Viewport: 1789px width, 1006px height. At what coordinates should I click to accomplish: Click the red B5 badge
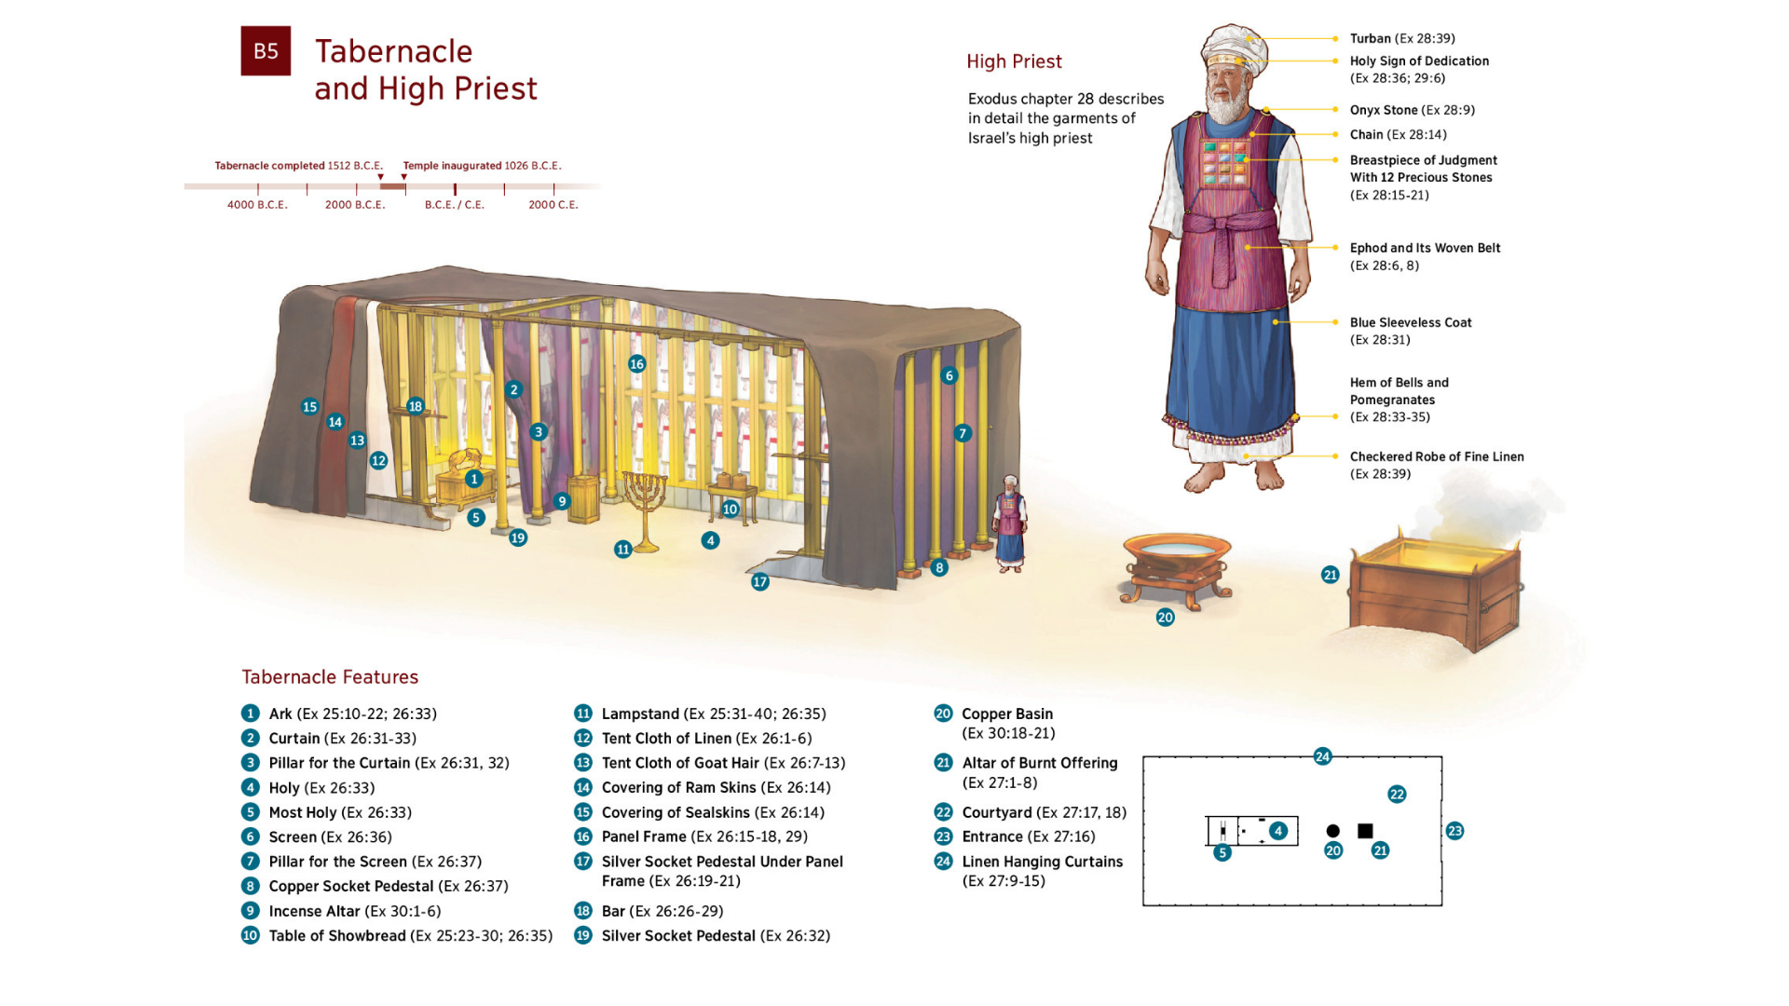click(x=266, y=51)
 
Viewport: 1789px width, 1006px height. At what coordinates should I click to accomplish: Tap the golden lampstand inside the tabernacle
click(x=644, y=503)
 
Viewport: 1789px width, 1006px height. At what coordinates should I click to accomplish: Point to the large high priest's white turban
click(x=1233, y=47)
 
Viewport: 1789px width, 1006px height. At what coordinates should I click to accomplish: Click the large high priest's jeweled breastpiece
click(x=1224, y=162)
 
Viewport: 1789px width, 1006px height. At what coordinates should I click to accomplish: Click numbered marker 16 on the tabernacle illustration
click(x=636, y=364)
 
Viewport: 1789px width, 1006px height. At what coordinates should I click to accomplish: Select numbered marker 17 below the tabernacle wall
click(x=760, y=582)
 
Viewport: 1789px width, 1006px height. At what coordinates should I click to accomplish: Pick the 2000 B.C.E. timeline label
click(x=355, y=205)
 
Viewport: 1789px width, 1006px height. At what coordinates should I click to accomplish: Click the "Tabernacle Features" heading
click(x=330, y=677)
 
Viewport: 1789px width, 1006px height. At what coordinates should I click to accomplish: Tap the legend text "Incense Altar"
click(x=314, y=911)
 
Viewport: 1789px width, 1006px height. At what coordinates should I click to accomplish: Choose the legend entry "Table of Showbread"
click(x=337, y=936)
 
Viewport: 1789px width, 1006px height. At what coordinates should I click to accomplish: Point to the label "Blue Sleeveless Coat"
click(x=1411, y=322)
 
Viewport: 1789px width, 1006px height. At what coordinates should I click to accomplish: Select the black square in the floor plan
click(x=1365, y=831)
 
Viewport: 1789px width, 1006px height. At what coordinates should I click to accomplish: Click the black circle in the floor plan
click(x=1332, y=831)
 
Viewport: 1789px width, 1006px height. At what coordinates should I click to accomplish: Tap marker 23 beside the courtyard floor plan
click(x=1454, y=831)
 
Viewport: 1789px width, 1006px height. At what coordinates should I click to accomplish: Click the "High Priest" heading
click(x=1014, y=61)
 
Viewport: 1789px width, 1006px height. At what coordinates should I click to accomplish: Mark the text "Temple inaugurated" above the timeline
click(x=452, y=166)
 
